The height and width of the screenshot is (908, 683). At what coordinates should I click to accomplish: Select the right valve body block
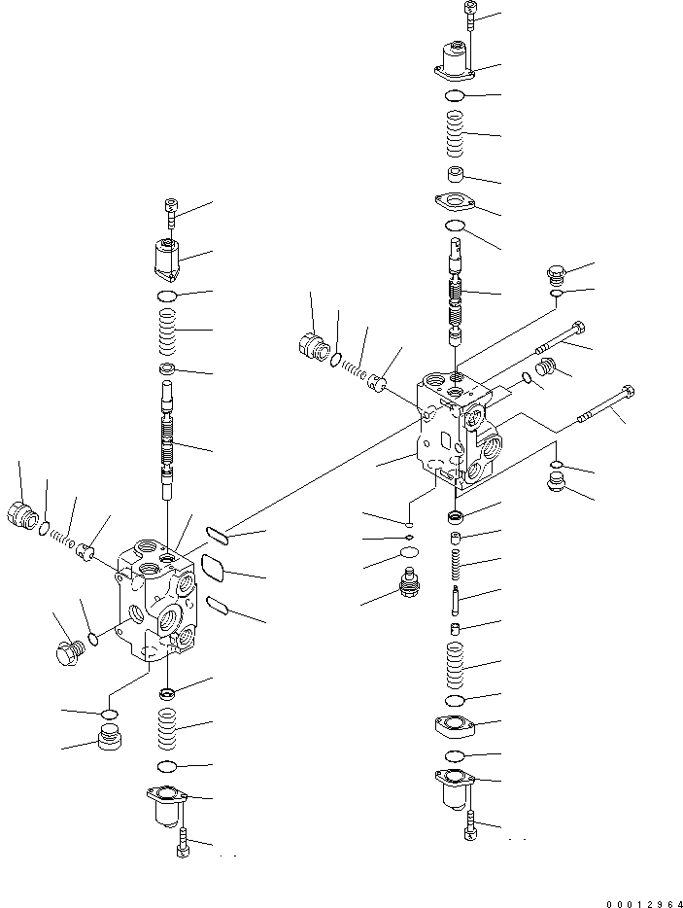458,428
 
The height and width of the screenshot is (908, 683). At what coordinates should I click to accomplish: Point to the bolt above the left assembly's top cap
170,209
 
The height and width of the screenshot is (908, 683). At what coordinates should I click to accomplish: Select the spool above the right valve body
456,292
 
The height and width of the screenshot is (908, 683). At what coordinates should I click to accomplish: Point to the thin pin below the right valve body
456,599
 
